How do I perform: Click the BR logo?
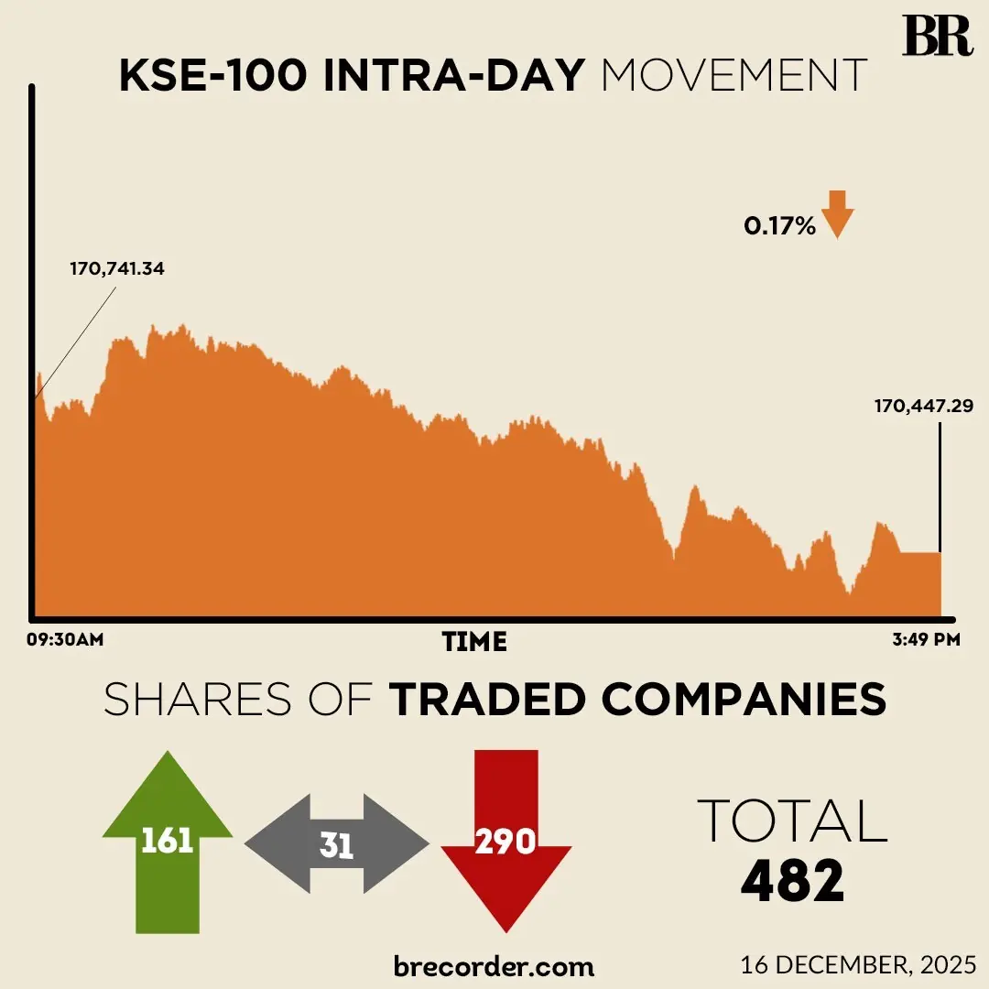coord(936,36)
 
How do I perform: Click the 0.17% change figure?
coord(779,225)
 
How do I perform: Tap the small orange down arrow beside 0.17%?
coord(837,214)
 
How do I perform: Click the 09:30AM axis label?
coord(64,639)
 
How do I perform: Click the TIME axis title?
coord(474,641)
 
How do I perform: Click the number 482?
coord(792,882)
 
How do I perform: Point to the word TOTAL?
coord(792,821)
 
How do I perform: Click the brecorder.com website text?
coord(494,965)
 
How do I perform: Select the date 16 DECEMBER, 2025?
coord(858,964)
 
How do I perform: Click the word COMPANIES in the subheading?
coord(744,701)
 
